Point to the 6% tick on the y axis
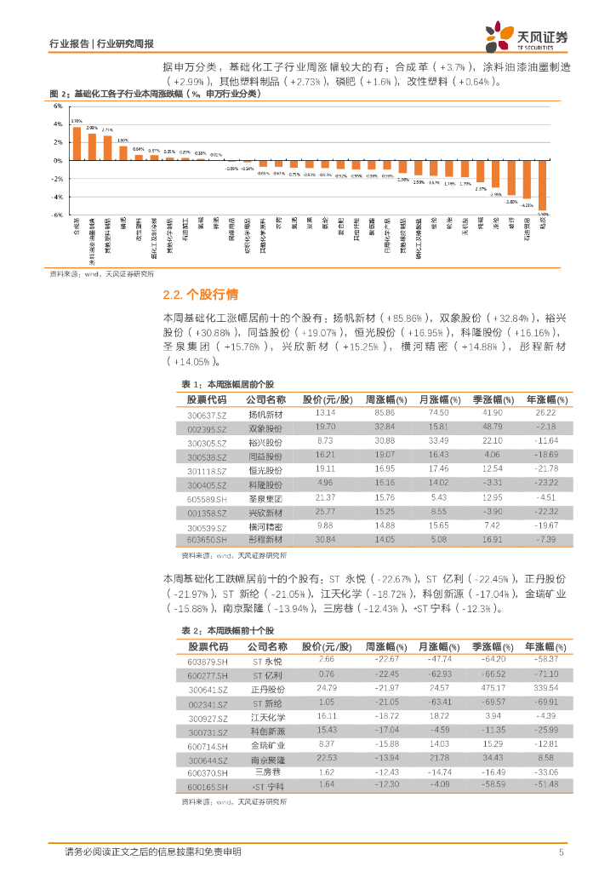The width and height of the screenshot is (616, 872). [58, 106]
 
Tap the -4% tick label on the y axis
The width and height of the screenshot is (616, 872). [57, 197]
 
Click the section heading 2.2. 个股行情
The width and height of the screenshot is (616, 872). [200, 295]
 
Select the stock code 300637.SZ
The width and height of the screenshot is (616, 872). [207, 414]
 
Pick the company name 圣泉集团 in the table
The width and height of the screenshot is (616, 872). [265, 497]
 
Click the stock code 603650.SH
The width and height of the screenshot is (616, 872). [208, 540]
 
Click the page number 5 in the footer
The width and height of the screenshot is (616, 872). [561, 852]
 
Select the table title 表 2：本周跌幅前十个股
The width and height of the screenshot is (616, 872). [228, 630]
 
